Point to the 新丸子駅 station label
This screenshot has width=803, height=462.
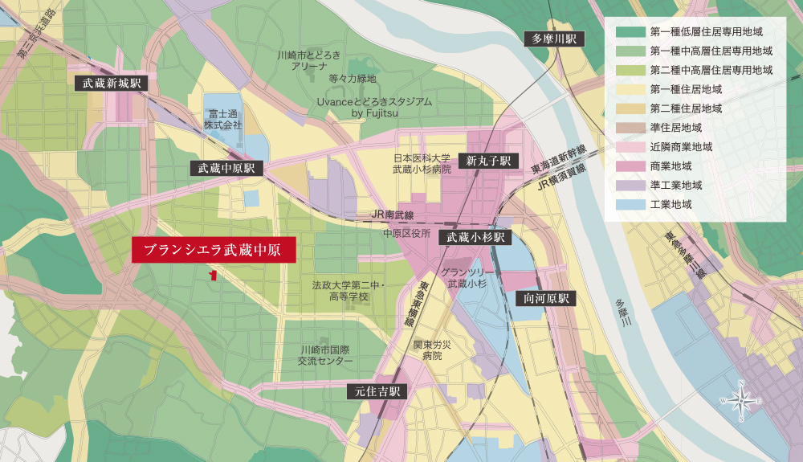point(488,161)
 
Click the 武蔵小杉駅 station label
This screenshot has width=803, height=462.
point(475,237)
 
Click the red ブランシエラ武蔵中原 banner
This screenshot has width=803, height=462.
point(214,250)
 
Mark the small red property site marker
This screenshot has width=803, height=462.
point(213,275)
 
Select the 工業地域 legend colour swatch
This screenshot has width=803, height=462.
point(627,205)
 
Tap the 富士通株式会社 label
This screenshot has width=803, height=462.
point(222,120)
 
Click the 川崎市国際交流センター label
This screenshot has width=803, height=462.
point(325,356)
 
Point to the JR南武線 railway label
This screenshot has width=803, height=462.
point(393,215)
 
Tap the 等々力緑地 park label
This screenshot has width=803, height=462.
point(353,79)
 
